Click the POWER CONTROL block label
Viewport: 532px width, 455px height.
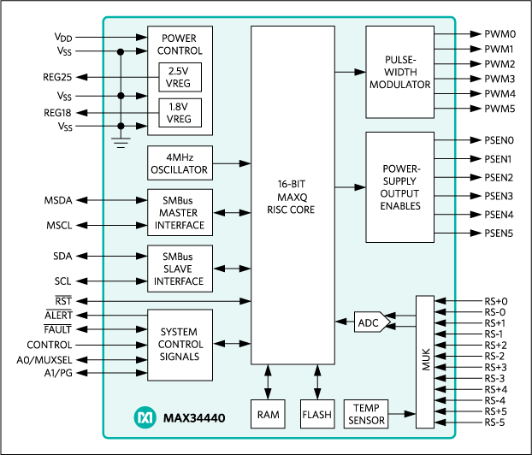click(x=180, y=44)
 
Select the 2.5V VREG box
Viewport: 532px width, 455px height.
click(x=180, y=77)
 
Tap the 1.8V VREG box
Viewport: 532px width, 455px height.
click(x=180, y=113)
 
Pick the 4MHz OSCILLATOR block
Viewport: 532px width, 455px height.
click(x=180, y=162)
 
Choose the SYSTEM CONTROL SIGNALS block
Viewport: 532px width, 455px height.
click(x=180, y=344)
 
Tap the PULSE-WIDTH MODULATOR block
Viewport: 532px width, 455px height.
click(x=399, y=72)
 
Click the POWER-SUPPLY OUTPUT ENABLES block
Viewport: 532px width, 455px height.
click(x=399, y=187)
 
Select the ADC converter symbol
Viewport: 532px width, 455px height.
click(x=370, y=322)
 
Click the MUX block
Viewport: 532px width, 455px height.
click(x=425, y=361)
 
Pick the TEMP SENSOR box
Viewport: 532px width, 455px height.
click(x=365, y=414)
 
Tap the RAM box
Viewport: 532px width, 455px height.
click(x=267, y=414)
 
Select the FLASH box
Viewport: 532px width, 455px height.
click(x=316, y=414)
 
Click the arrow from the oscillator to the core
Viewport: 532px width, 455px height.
click(x=231, y=162)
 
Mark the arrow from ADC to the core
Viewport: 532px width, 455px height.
click(x=345, y=322)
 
